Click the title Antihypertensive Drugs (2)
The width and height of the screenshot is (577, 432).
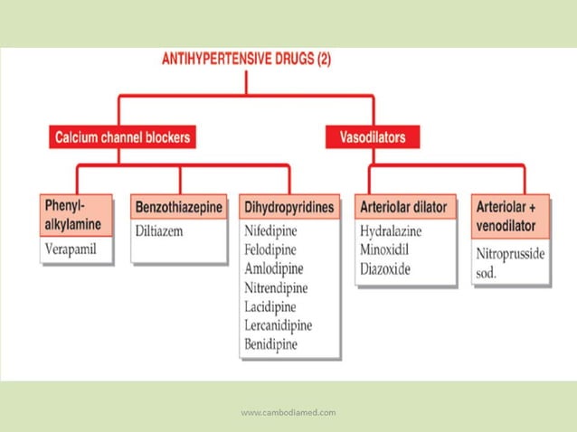pos(246,61)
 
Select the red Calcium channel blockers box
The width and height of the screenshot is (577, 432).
pos(124,137)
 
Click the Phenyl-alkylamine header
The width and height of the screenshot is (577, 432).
pos(77,214)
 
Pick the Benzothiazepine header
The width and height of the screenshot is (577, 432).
pos(179,207)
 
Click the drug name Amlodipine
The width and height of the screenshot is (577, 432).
pos(274,268)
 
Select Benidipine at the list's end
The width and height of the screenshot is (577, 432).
pos(270,344)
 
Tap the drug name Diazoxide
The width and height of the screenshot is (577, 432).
pos(386,268)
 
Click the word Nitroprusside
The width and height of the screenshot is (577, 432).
pos(510,253)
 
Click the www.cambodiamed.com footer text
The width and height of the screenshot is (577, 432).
pos(288,412)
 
